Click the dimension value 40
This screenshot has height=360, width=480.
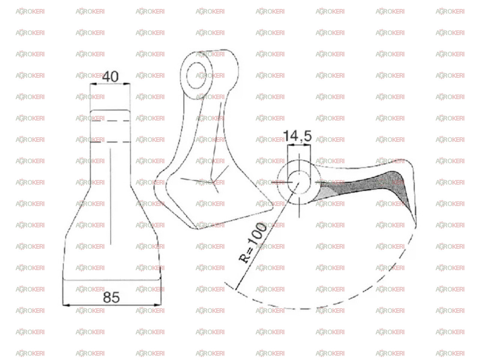[110, 76]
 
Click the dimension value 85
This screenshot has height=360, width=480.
[111, 297]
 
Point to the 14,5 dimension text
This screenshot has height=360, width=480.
[297, 136]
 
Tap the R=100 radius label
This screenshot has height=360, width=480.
[253, 243]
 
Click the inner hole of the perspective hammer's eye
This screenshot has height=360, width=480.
[196, 75]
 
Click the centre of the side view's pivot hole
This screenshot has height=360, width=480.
[299, 182]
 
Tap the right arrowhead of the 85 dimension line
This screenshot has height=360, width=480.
[157, 305]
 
